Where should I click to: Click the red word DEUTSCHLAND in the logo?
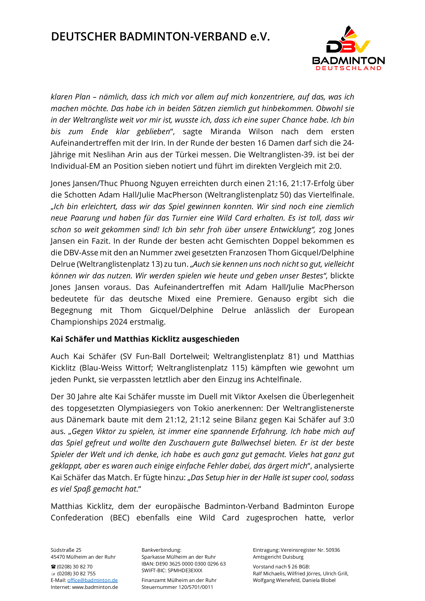[x=349, y=68]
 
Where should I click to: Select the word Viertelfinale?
[x=331, y=195]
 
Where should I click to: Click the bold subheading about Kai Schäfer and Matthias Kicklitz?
[x=145, y=339]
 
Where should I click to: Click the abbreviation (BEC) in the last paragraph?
[x=120, y=517]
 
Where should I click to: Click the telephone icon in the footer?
[x=53, y=567]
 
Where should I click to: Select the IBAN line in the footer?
[x=183, y=564]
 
